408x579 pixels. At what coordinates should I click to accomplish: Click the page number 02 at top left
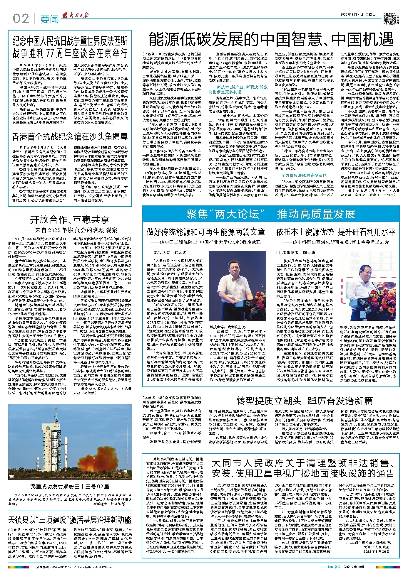(21, 19)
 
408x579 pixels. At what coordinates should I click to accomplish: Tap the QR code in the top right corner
(389, 18)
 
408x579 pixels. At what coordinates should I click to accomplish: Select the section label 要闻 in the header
(50, 19)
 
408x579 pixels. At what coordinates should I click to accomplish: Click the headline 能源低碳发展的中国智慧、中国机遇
(271, 39)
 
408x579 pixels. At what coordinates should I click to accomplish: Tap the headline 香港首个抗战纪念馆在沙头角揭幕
(70, 137)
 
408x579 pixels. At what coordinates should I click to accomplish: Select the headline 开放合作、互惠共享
(70, 220)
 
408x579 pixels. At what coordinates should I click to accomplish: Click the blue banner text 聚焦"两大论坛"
(225, 214)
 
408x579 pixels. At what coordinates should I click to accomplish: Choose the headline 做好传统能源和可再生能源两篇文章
(206, 232)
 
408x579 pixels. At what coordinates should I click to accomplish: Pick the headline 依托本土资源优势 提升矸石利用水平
(336, 232)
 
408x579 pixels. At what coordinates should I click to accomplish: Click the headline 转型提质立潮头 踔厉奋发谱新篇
(304, 401)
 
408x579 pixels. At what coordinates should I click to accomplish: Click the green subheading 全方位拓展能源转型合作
(304, 175)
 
